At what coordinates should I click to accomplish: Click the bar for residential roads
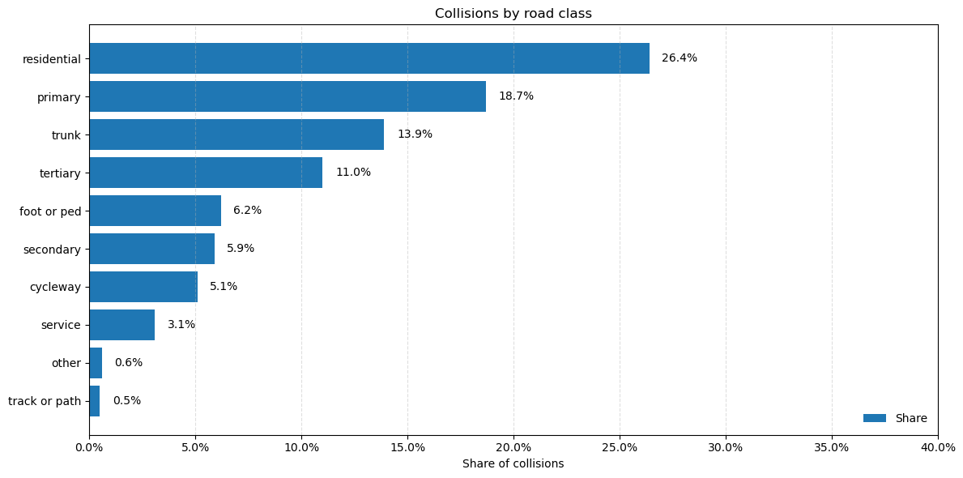click(369, 58)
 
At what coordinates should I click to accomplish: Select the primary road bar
click(287, 96)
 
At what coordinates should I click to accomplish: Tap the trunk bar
click(236, 134)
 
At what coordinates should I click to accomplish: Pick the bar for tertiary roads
click(205, 173)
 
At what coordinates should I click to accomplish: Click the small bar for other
click(96, 363)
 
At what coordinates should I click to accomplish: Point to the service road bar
click(121, 325)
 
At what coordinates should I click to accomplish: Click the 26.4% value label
click(679, 58)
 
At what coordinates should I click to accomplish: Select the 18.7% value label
click(516, 96)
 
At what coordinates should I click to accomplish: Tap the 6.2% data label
click(247, 211)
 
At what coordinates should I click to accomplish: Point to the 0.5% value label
click(126, 401)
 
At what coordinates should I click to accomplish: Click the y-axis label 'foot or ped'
click(50, 211)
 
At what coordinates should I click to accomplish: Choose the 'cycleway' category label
click(55, 287)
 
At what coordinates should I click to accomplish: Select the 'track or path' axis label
click(45, 401)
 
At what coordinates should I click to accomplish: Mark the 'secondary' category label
click(52, 250)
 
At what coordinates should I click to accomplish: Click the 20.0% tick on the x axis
click(513, 447)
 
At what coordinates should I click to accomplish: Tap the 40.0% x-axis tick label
click(938, 447)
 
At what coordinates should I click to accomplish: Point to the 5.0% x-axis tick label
click(195, 447)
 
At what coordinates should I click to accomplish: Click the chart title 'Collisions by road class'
click(513, 14)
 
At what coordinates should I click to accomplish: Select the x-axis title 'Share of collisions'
click(513, 464)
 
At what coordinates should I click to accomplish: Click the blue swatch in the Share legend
click(874, 418)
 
